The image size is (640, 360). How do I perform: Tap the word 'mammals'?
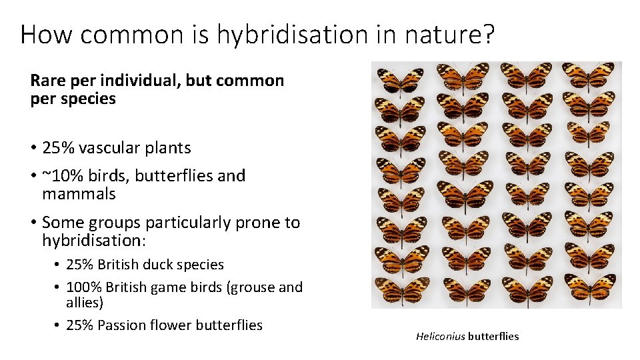(79, 194)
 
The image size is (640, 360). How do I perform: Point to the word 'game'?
(171, 287)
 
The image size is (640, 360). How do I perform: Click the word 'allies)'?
(85, 303)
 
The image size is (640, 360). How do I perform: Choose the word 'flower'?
(169, 325)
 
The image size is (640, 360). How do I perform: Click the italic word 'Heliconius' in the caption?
(440, 337)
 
